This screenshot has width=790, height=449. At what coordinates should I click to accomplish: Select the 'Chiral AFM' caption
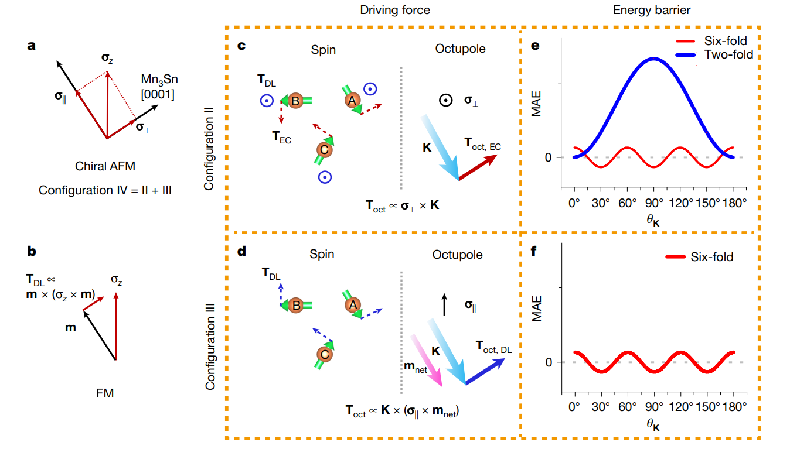105,166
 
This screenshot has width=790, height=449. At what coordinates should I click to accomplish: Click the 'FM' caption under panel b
105,393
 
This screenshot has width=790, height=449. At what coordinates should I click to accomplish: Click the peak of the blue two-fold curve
654,59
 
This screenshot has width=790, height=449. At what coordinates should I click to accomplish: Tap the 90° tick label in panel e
654,203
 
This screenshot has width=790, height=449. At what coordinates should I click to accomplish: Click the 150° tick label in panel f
707,407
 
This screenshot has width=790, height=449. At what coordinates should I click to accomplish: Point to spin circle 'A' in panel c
352,100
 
